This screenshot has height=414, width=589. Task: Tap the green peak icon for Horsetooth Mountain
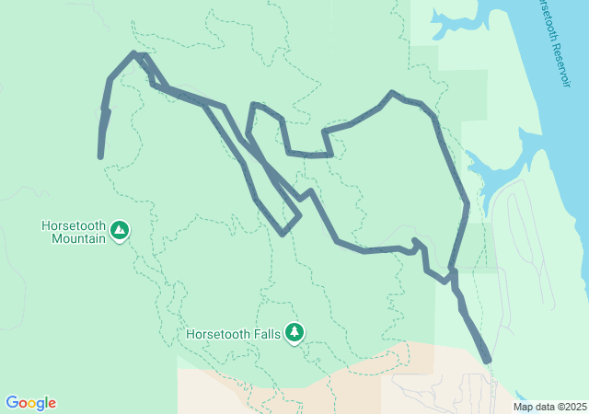[119, 231]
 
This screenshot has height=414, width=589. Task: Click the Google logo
[30, 403]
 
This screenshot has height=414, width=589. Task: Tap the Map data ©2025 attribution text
[549, 407]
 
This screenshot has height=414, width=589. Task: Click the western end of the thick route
[100, 156]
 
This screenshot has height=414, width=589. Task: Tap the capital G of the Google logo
[12, 403]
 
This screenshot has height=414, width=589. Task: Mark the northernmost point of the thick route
[135, 53]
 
